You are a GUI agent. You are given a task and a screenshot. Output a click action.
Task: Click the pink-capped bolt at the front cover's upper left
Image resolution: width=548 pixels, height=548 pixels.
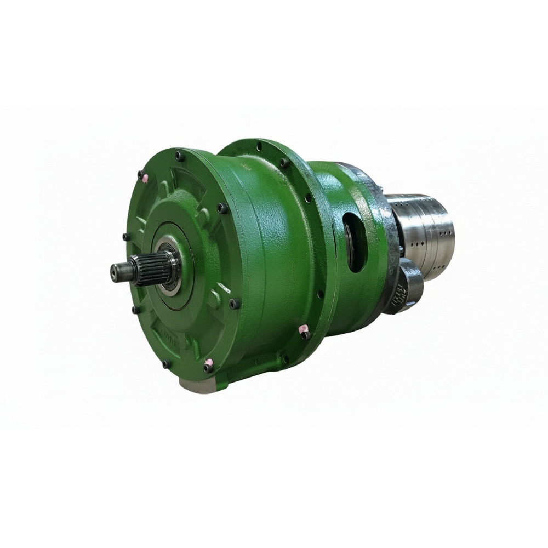coord(144,176)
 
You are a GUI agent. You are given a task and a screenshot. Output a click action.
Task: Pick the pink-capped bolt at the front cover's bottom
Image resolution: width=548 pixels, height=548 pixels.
coord(208,366)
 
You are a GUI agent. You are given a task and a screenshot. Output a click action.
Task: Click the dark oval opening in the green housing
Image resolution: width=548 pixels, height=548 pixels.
coord(355,241)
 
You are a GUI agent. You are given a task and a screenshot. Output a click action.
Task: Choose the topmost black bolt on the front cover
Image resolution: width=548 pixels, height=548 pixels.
coord(180,156)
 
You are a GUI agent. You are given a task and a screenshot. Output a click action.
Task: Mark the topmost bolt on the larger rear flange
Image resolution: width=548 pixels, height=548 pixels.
coord(259,146)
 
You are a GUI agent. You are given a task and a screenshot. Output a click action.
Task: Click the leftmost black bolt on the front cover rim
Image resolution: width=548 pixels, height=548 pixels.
coord(126,237)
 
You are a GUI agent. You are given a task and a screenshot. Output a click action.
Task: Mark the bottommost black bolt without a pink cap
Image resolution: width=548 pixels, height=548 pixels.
coord(166,363)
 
